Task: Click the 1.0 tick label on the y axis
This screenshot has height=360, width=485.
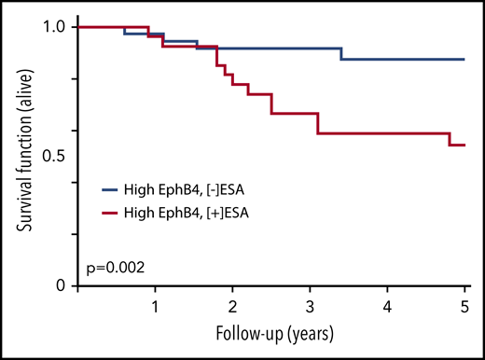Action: (54, 27)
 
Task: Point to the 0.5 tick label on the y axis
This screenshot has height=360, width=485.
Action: (54, 156)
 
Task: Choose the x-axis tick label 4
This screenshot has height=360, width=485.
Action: (387, 306)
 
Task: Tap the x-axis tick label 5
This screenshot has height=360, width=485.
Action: (464, 306)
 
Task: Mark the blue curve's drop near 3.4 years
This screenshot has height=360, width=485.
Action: (341, 53)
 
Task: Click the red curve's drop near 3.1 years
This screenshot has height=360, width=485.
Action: (318, 123)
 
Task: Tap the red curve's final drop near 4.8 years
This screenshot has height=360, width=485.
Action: (450, 139)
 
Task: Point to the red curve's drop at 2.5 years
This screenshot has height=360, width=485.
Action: (271, 104)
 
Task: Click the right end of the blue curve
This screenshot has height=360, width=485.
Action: (464, 59)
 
